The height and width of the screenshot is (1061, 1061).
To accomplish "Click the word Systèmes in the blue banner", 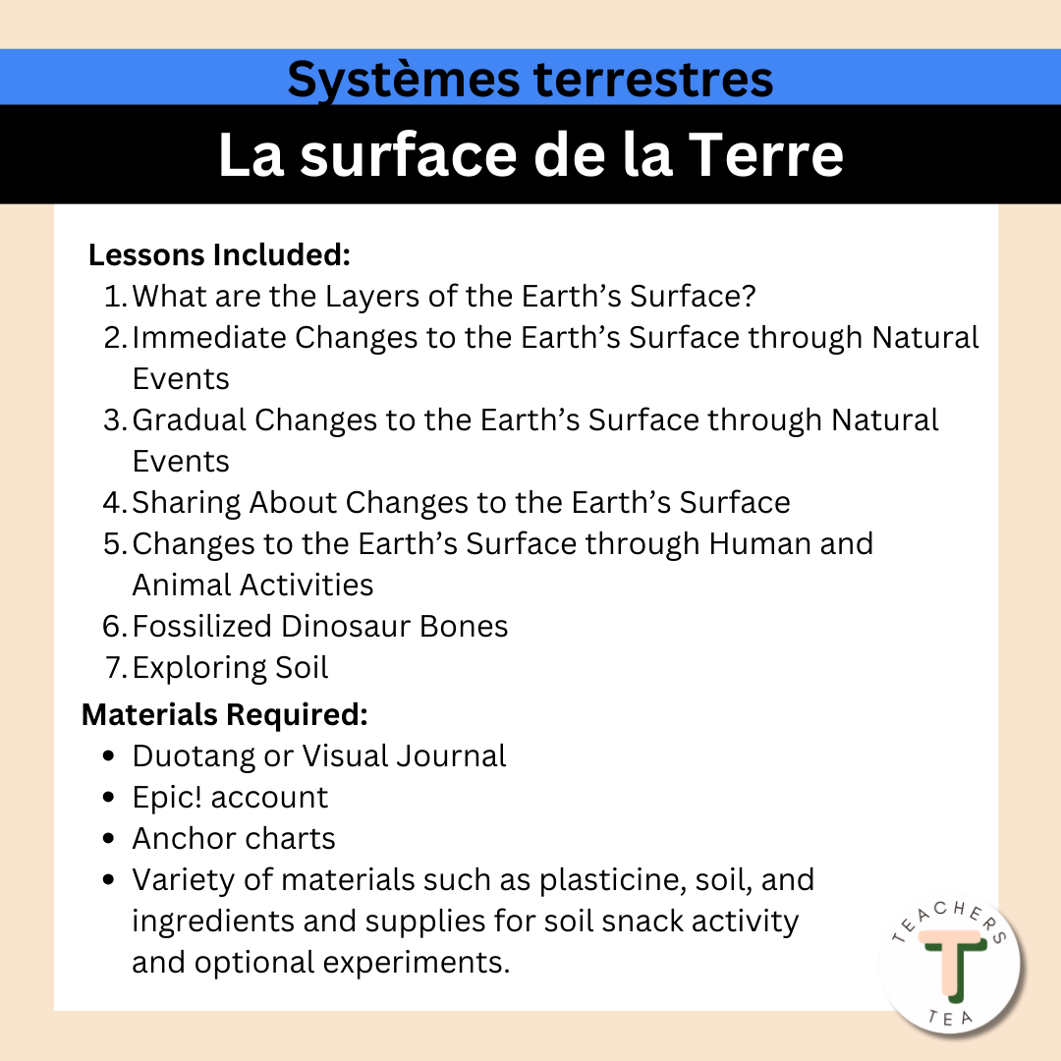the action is (x=404, y=81).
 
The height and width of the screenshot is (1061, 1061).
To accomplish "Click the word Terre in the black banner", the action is (x=765, y=155).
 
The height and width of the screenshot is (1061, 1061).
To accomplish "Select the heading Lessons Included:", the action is (x=219, y=255).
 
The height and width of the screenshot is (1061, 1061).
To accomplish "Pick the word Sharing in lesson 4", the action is (x=186, y=503).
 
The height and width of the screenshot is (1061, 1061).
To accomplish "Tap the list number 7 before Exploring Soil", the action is (x=114, y=667).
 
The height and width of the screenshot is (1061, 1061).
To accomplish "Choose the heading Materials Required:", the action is (x=225, y=714).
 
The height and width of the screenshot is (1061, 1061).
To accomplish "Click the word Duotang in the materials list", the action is (x=194, y=756).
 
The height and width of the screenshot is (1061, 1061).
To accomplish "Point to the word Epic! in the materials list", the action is (x=167, y=797).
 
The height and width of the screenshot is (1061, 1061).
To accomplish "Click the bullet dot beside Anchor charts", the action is (x=109, y=839).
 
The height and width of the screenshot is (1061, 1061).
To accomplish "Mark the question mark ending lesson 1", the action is (x=749, y=297).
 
